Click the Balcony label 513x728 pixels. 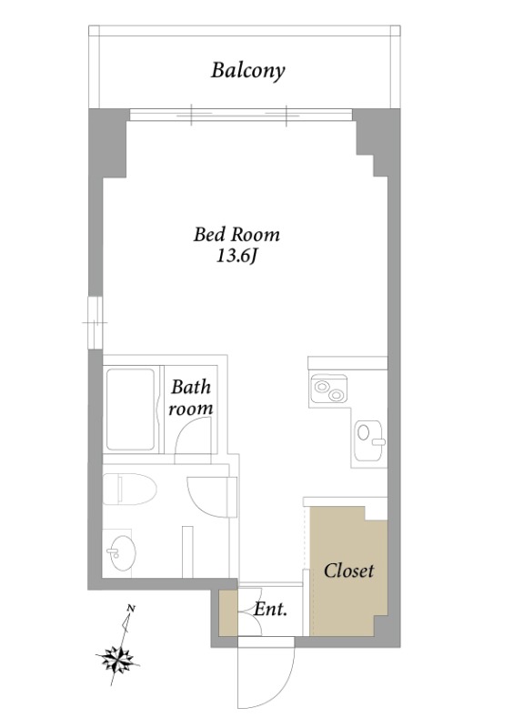coord(248,71)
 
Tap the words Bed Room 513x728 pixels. coord(236,235)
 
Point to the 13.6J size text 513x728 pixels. coord(236,257)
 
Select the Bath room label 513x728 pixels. coord(191,398)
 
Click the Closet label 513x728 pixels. coord(348,571)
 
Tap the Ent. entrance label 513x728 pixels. coord(271,609)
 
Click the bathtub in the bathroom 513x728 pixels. coord(130,409)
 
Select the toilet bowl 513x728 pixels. coord(129,489)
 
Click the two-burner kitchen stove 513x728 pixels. coord(329,389)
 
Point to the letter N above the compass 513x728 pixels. coord(131,608)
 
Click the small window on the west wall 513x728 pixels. coord(96,322)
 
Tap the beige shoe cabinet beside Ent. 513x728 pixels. coord(228,612)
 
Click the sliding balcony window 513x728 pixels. coord(240,115)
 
